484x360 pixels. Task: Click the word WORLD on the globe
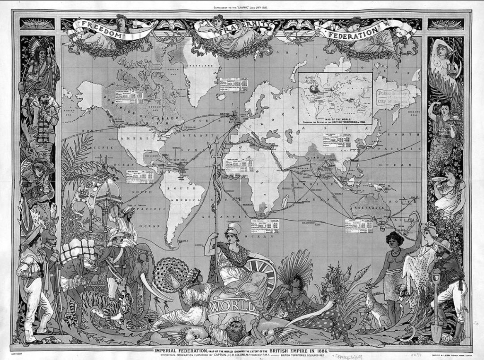coord(233,306)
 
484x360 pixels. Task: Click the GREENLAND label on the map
coord(198,66)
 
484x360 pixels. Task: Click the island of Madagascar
coord(285,202)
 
